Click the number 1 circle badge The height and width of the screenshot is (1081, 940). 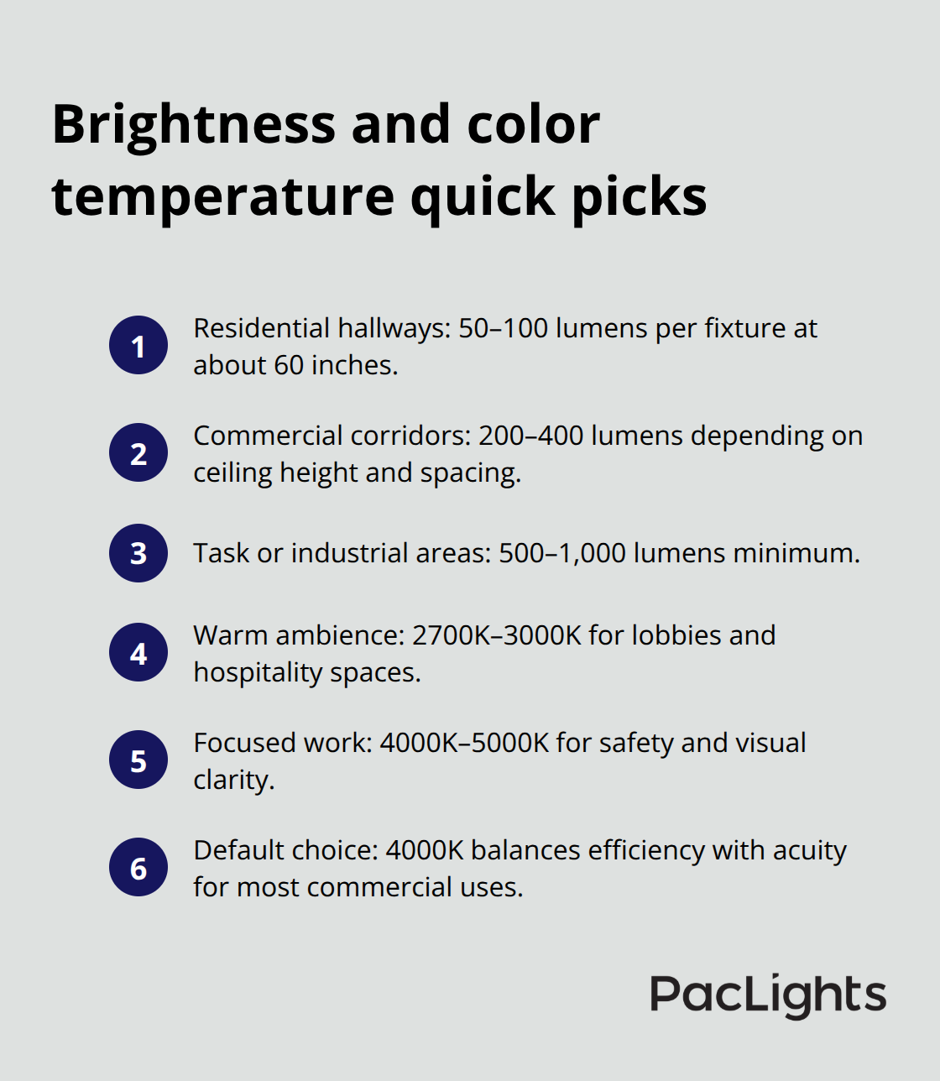(138, 345)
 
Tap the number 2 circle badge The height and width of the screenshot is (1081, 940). (138, 452)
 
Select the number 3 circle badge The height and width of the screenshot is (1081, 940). (138, 553)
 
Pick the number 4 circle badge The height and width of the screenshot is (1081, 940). (138, 652)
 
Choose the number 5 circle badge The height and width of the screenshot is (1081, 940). (138, 760)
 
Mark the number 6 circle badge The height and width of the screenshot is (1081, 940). (138, 867)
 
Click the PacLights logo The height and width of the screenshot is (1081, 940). (767, 995)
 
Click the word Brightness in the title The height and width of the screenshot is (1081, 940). (194, 124)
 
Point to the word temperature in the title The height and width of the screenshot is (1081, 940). (223, 196)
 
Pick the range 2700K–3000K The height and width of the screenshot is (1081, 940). (496, 635)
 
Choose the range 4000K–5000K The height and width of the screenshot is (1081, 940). (464, 743)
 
